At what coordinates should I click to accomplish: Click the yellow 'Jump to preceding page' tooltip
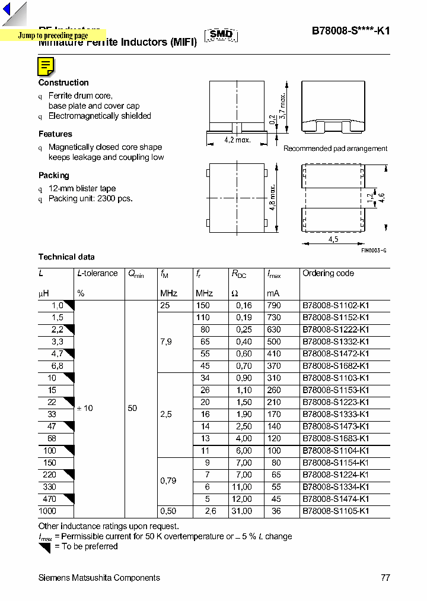[53, 36]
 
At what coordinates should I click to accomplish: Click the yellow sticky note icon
[46, 67]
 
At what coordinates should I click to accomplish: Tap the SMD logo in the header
[221, 35]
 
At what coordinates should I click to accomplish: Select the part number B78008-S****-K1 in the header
[350, 32]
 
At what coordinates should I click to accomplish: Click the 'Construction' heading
[63, 83]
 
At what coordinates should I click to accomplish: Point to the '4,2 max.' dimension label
[237, 140]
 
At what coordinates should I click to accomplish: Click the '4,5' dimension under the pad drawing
[333, 239]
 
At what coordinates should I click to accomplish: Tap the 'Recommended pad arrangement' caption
[335, 148]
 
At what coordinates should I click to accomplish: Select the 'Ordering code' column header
[328, 273]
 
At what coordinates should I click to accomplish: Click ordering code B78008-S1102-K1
[336, 305]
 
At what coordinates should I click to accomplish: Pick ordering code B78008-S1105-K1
[336, 511]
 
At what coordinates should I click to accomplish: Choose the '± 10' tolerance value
[85, 408]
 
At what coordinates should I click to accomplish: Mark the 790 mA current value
[273, 305]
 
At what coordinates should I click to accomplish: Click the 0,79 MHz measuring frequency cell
[168, 480]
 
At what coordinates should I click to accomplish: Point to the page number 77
[385, 578]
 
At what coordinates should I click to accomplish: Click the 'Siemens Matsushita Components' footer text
[99, 578]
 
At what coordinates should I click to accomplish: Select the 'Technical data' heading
[66, 257]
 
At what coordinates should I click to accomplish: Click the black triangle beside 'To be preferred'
[44, 548]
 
